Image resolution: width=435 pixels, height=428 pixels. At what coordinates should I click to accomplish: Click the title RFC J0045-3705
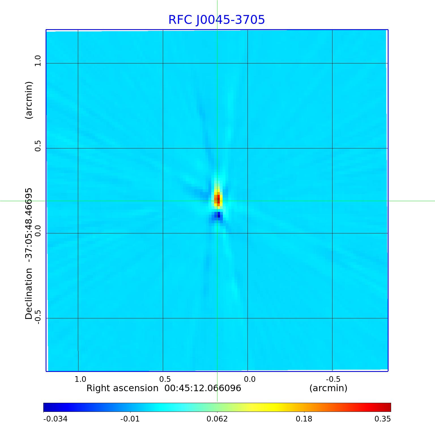tap(217, 20)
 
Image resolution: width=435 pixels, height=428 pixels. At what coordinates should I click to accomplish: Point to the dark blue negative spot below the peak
tap(218, 215)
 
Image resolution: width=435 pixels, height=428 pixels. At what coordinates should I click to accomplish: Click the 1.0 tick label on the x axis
tap(80, 379)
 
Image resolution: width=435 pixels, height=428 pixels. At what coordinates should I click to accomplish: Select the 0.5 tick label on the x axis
tap(165, 379)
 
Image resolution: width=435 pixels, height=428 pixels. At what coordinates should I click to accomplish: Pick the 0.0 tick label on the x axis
tap(250, 379)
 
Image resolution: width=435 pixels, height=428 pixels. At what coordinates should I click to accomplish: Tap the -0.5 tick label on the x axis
tap(333, 379)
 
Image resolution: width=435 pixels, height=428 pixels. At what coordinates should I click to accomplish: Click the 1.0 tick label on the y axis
tap(38, 61)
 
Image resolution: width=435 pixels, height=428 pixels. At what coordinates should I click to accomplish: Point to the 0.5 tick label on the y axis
tap(38, 146)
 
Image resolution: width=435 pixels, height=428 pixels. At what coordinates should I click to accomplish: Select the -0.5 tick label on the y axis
tap(38, 317)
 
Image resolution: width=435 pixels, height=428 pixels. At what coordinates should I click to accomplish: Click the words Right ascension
tap(122, 388)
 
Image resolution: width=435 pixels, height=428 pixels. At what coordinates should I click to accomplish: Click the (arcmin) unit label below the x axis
tap(328, 388)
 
